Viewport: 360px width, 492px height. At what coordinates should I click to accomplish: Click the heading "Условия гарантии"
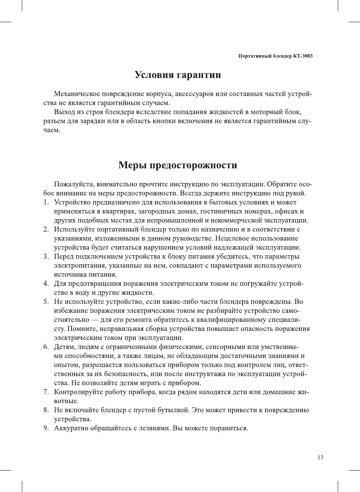click(x=178, y=75)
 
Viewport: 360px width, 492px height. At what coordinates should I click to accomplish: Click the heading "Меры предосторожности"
click(x=178, y=165)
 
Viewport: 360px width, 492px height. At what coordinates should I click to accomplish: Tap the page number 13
click(x=320, y=457)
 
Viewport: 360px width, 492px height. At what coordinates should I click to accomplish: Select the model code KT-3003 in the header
click(x=303, y=56)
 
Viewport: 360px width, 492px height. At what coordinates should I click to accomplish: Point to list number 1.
click(x=46, y=203)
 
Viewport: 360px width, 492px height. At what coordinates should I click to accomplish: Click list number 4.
click(x=46, y=284)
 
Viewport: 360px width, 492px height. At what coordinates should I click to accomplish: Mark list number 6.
click(x=46, y=347)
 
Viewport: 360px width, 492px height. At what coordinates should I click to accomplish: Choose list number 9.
click(x=46, y=428)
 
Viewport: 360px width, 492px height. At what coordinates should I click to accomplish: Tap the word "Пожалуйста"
click(x=74, y=184)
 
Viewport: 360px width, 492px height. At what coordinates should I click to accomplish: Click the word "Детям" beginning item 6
click(x=64, y=347)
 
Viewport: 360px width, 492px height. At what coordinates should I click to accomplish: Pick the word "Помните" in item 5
click(x=81, y=329)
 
